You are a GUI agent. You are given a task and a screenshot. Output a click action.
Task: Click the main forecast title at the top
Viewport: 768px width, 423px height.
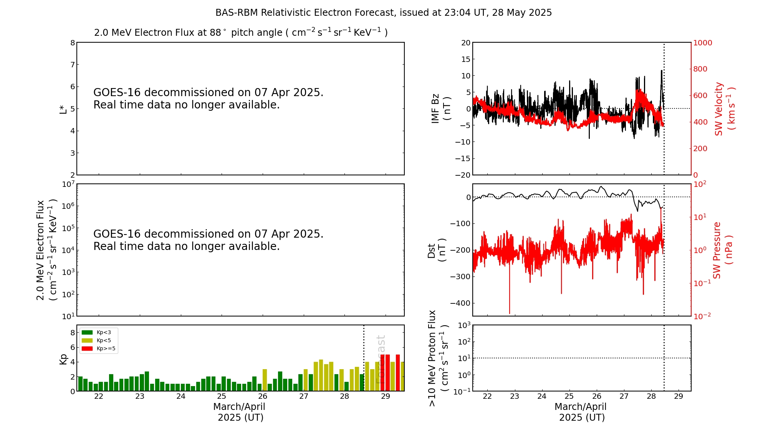(x=383, y=13)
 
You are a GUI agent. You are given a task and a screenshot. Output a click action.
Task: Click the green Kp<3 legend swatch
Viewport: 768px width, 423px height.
(x=88, y=332)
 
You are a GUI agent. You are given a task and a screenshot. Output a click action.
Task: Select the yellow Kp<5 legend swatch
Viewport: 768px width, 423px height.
(x=88, y=340)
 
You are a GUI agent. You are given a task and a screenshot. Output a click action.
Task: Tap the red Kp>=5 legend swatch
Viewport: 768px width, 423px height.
(x=88, y=349)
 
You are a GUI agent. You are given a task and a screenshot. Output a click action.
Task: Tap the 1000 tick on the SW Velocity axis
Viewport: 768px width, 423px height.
(x=702, y=43)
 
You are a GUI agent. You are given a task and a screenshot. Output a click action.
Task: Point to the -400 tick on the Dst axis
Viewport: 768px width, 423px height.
(x=462, y=303)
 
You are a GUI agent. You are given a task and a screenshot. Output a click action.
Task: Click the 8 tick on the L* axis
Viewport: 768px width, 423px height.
(x=73, y=43)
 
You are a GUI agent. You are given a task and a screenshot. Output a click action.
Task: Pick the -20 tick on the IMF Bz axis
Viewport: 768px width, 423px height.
(x=463, y=175)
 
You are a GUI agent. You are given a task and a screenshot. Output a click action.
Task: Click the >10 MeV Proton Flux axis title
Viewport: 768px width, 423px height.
(x=438, y=358)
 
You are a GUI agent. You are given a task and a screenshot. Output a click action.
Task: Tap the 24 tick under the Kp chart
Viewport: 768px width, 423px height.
(x=180, y=396)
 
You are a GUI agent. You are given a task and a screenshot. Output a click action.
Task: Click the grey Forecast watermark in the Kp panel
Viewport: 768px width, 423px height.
(x=381, y=359)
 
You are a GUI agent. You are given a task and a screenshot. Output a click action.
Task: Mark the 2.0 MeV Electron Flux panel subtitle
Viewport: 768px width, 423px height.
(x=241, y=33)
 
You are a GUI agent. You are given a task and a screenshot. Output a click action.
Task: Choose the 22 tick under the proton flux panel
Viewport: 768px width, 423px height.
(x=487, y=396)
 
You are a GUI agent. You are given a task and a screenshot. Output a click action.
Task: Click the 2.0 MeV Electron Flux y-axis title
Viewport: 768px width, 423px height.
(x=46, y=250)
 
